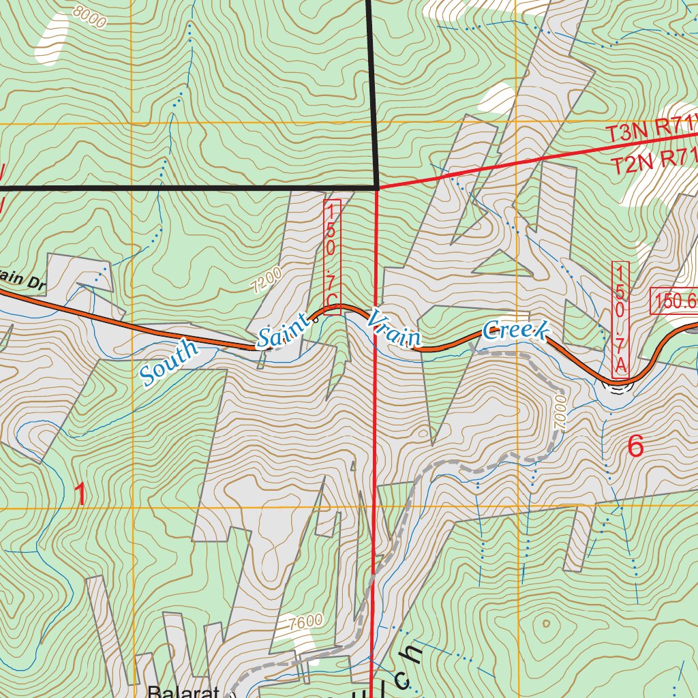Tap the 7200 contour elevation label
[x=267, y=280]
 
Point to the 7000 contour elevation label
[x=560, y=411]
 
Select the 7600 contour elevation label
[x=305, y=622]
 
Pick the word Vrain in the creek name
[x=395, y=328]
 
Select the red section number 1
[x=80, y=494]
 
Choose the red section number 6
[x=635, y=446]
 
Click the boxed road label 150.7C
[x=332, y=254]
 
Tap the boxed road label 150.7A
[x=620, y=319]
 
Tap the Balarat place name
[x=184, y=691]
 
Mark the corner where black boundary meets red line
[x=377, y=186]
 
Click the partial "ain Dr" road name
[x=22, y=282]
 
